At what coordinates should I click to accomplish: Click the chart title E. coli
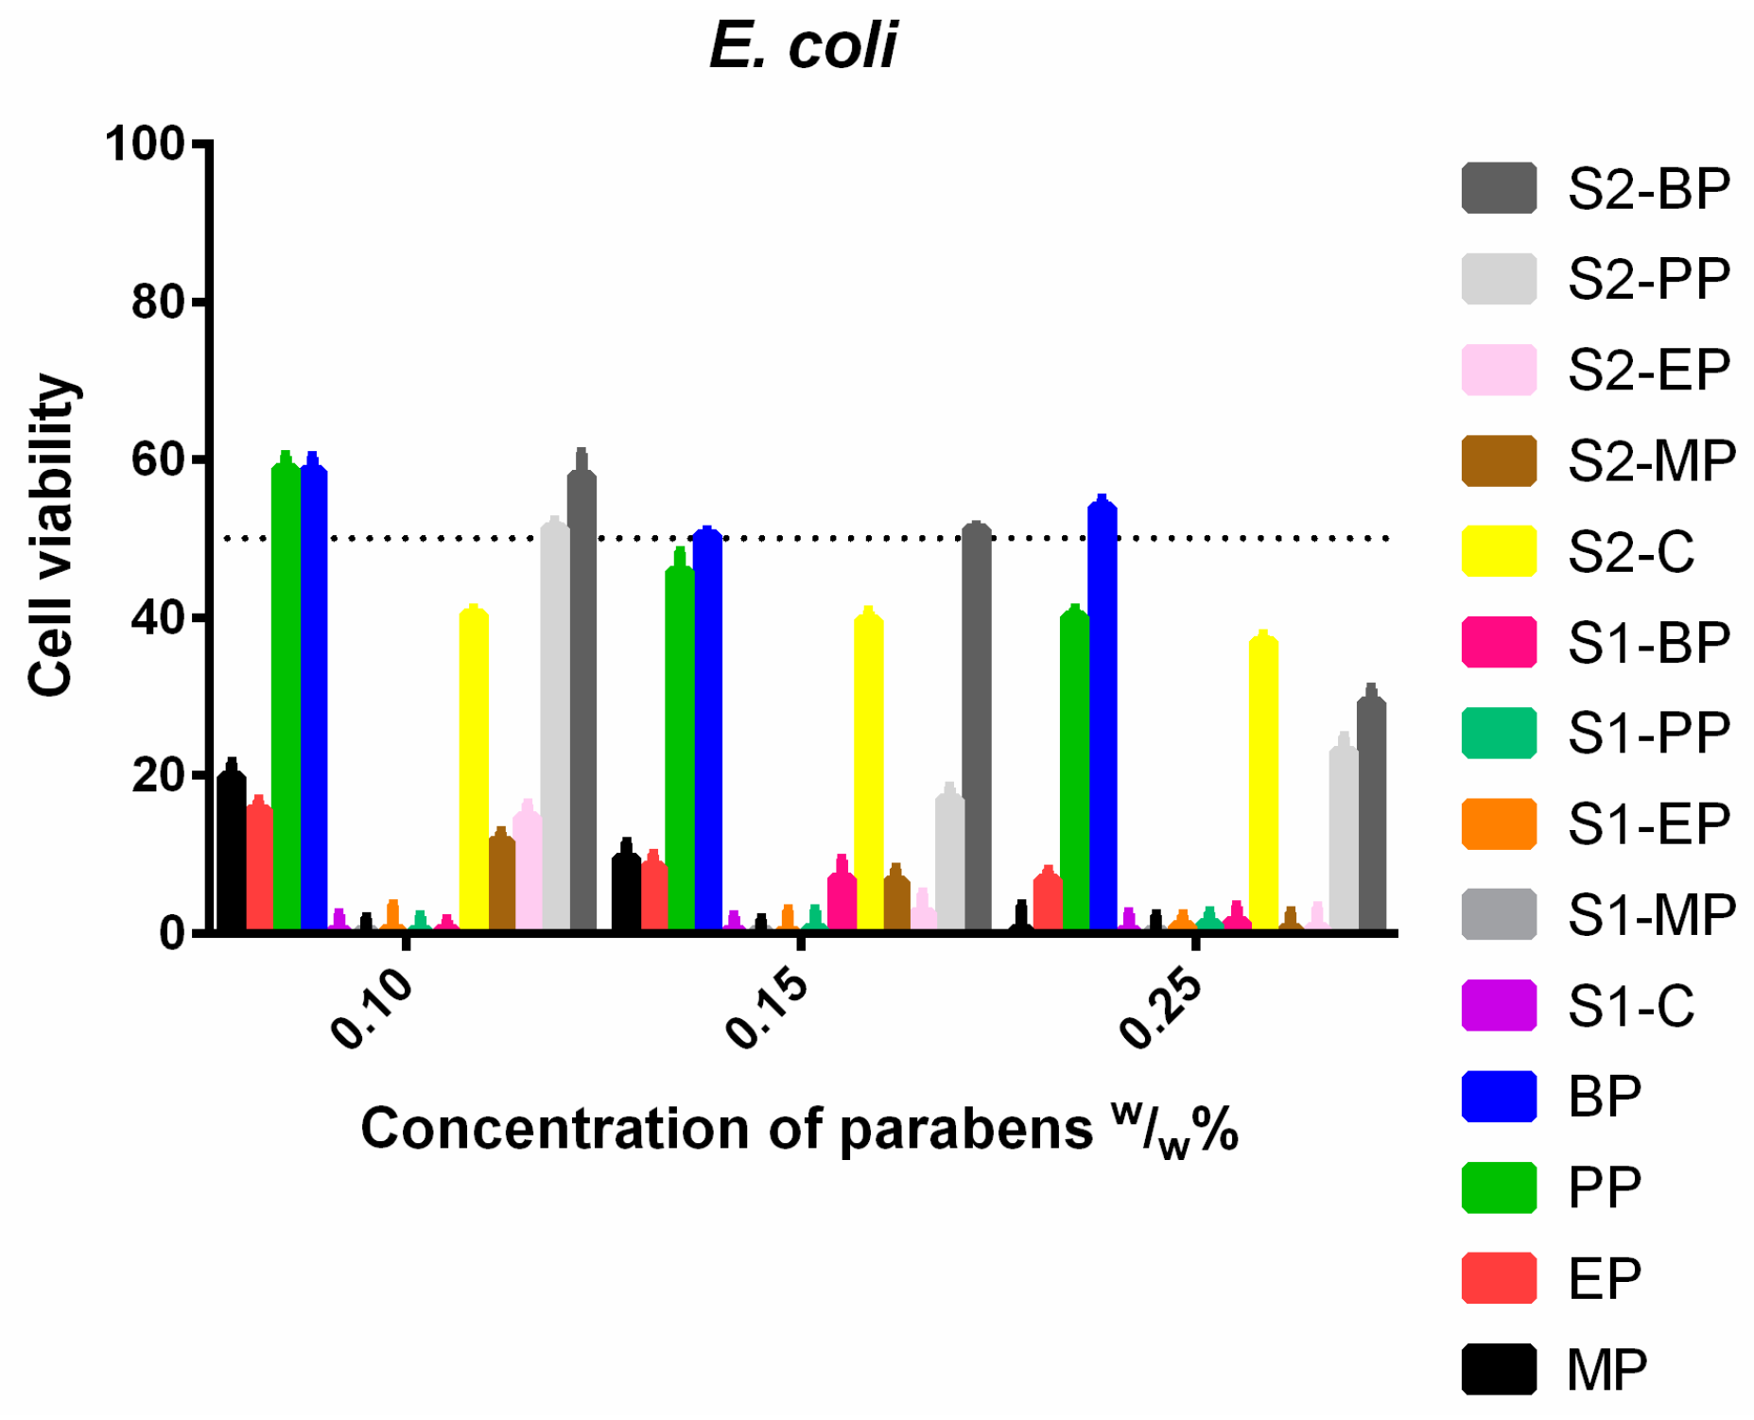803,45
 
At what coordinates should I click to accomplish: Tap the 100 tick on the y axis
144,145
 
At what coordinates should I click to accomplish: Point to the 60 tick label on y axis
157,460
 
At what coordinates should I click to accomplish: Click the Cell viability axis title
52,535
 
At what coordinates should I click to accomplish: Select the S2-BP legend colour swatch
1499,188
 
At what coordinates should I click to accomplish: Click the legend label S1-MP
1651,915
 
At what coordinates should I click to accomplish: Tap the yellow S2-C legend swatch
1499,551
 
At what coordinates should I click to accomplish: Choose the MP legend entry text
1606,1369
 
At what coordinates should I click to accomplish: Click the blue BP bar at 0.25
1103,719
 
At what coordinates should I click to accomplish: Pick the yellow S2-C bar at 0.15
868,771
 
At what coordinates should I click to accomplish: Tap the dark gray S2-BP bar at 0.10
582,700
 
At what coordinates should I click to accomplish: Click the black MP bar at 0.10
232,851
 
